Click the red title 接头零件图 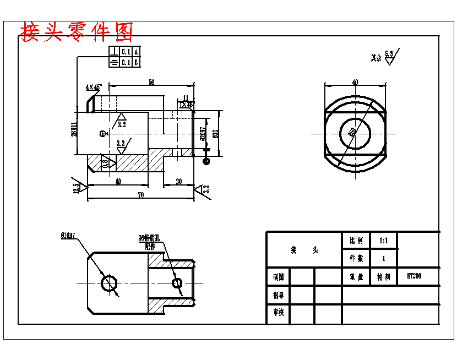pos(77,32)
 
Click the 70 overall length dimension pos(141,195)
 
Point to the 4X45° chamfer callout pos(94,87)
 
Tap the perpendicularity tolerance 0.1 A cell pos(126,52)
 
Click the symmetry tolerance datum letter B pos(136,62)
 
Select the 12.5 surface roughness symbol pos(77,187)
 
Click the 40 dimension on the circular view pos(355,82)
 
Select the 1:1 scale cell pos(383,241)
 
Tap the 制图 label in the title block pos(278,277)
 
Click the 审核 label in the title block pos(278,313)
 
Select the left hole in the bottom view pos(108,283)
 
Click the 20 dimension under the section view pos(179,181)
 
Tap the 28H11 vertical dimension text pos(73,133)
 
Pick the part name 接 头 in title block pos(304,250)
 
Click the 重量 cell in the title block pos(356,277)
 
